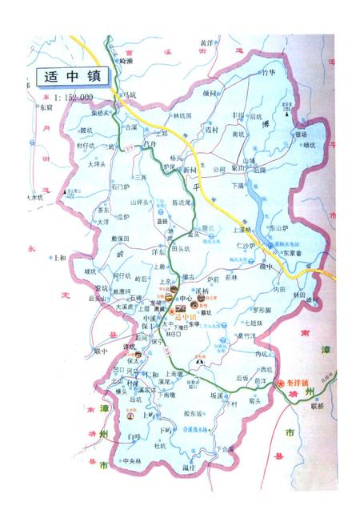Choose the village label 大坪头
(98, 165)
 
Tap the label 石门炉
(121, 187)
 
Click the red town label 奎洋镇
(300, 385)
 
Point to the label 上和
(58, 259)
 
